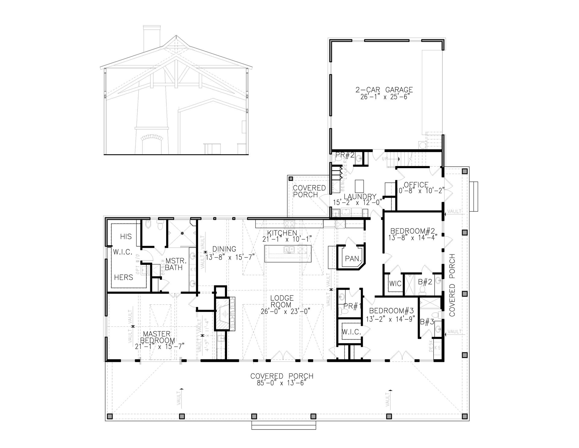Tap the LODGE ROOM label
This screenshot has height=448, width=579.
point(282,301)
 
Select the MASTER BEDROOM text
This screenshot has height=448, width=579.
point(157,337)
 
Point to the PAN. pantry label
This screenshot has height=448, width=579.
point(353,259)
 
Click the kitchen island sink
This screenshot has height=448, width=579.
point(289,250)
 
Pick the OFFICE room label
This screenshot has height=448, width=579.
point(416,185)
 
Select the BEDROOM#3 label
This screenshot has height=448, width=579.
point(391,311)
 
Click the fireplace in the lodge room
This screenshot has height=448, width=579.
point(223,314)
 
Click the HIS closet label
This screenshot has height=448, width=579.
point(126,236)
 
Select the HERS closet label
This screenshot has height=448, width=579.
point(124,277)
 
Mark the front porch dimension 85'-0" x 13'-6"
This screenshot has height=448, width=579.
point(281,383)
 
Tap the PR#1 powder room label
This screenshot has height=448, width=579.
point(352,306)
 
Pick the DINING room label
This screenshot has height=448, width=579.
point(224,249)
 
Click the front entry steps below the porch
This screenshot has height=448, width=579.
point(284,426)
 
